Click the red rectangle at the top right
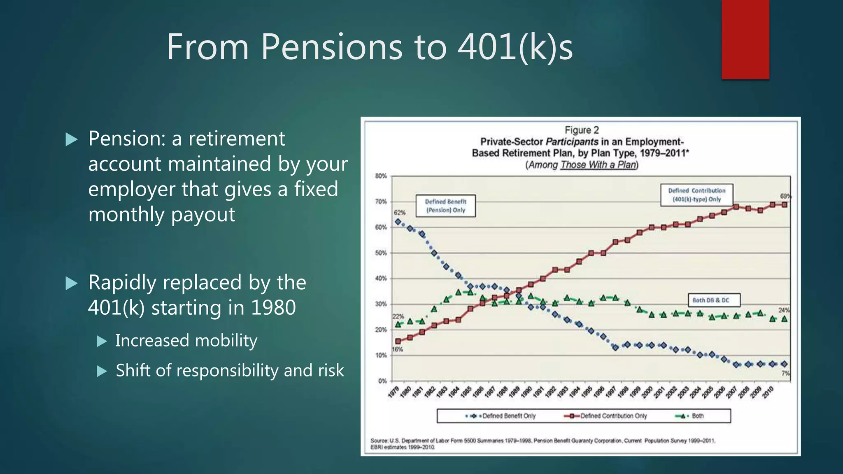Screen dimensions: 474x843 coord(745,39)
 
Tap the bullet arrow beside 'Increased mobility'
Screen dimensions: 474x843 coord(102,341)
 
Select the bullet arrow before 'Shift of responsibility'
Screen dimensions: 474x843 coord(102,371)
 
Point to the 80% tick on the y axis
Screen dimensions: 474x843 coord(381,176)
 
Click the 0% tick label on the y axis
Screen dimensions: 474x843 coord(382,381)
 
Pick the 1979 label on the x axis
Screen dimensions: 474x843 coord(394,393)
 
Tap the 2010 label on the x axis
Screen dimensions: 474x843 coord(768,393)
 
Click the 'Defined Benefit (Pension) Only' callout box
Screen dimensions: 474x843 coord(445,206)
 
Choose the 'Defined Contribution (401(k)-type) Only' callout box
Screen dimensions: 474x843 coord(696,195)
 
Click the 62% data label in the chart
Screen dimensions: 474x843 coord(400,213)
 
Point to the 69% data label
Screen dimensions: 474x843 coord(785,196)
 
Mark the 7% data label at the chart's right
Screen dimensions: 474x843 coord(785,373)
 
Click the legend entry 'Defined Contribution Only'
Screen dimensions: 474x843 coord(613,416)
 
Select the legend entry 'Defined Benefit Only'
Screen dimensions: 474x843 coord(509,416)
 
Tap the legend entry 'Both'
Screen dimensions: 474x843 coord(697,416)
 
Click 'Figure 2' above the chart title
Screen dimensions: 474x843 coord(582,130)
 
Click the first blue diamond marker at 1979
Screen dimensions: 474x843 coord(398,222)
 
